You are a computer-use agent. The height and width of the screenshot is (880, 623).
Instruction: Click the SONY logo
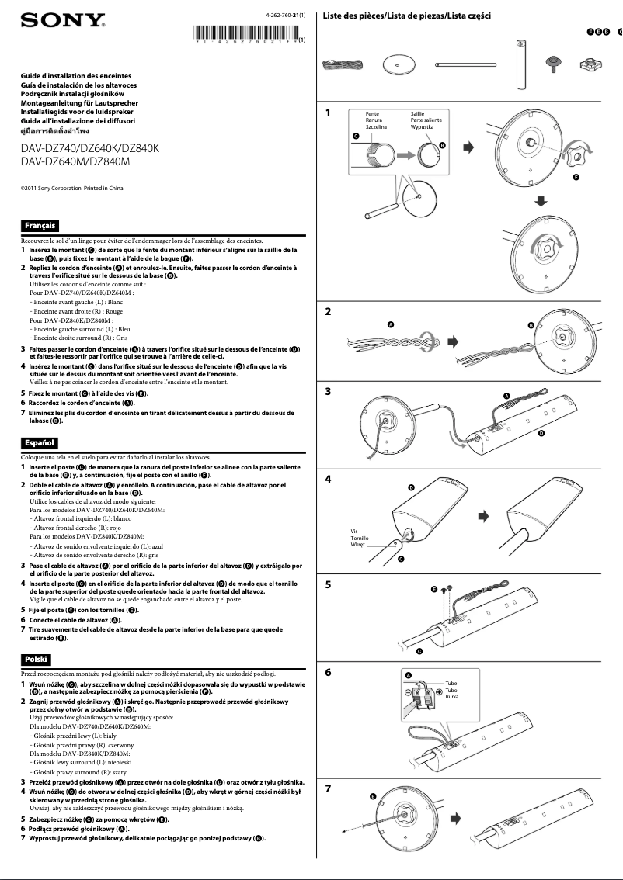point(63,19)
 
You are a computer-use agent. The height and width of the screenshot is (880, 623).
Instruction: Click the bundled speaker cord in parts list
point(343,65)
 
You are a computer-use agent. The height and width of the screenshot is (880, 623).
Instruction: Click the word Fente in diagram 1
point(373,114)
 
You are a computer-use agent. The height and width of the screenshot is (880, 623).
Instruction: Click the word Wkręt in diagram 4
point(358,545)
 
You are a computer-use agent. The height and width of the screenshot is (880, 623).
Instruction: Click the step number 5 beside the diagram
point(329,585)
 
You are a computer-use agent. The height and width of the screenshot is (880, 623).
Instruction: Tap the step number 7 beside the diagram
point(329,788)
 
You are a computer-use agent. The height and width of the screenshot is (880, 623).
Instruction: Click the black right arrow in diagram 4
point(483,515)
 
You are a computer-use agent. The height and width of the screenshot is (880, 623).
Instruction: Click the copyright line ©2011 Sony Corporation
point(71,189)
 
